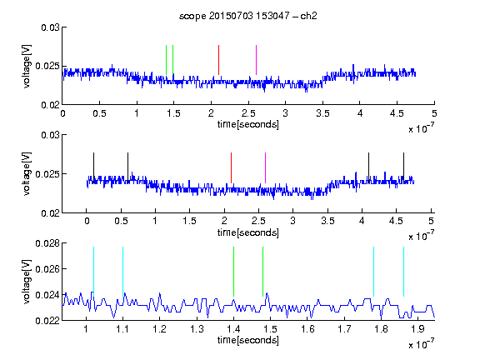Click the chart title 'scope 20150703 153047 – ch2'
(248, 16)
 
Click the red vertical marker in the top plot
(218, 60)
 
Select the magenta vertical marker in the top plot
(256, 60)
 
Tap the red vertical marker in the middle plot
(231, 167)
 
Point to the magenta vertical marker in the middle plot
(265, 167)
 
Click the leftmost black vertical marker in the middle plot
(93, 167)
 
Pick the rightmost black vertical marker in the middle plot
(403, 167)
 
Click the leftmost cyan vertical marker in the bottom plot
(93, 272)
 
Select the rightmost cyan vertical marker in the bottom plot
(403, 272)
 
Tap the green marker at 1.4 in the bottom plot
(233, 272)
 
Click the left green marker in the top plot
(166, 60)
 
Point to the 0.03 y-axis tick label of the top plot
(50, 27)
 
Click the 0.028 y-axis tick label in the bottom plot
(47, 243)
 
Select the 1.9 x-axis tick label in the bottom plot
(417, 329)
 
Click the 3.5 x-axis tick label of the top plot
(322, 113)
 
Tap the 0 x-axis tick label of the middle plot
(87, 221)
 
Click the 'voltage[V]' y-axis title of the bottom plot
(27, 282)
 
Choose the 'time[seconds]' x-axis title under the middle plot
(248, 232)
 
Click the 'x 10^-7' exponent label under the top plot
(421, 128)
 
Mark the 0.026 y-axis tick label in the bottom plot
(47, 269)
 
